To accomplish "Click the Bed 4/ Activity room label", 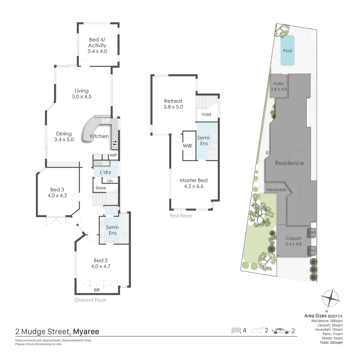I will [97, 45].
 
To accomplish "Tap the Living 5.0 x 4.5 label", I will [81, 94].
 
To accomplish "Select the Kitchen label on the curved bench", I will [100, 136].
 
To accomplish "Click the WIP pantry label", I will [113, 156].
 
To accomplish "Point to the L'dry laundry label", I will [106, 172].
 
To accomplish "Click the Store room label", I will [101, 188].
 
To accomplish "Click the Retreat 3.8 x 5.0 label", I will [173, 104].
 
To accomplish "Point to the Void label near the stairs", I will [206, 114].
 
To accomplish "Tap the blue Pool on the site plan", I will [287, 51].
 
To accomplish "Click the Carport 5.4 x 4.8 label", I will [293, 241].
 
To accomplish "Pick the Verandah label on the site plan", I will [276, 190].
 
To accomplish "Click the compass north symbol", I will [330, 298].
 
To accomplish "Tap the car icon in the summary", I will [280, 331].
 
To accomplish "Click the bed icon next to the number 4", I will [236, 331].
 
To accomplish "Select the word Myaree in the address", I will [86, 332].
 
